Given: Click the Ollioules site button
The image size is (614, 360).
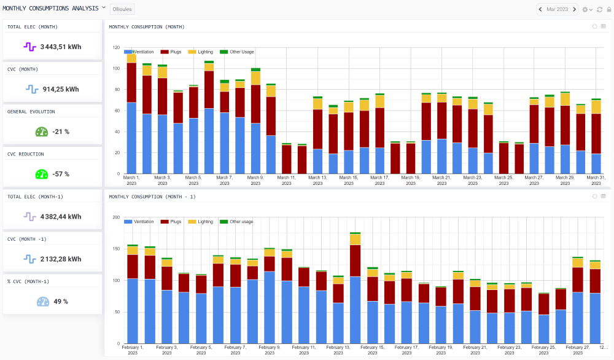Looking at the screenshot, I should [x=121, y=9].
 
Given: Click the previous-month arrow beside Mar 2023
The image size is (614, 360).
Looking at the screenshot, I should [x=540, y=9].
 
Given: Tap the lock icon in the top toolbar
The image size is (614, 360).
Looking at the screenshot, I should [x=608, y=9].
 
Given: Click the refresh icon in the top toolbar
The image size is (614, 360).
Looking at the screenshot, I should [x=599, y=9].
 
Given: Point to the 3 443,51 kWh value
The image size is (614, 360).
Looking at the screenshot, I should [x=61, y=47].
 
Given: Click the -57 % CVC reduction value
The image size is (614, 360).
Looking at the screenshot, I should [x=60, y=174].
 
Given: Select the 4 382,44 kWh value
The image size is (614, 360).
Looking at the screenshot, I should [x=61, y=216].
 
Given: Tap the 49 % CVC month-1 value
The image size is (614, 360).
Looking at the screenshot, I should [x=60, y=302].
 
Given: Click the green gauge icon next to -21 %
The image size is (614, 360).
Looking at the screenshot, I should [x=41, y=131].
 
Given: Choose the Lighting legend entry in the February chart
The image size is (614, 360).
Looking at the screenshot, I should [x=201, y=221].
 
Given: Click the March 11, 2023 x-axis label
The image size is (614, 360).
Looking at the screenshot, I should [x=286, y=181].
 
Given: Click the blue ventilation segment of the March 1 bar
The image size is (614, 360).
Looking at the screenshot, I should [x=131, y=138].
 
